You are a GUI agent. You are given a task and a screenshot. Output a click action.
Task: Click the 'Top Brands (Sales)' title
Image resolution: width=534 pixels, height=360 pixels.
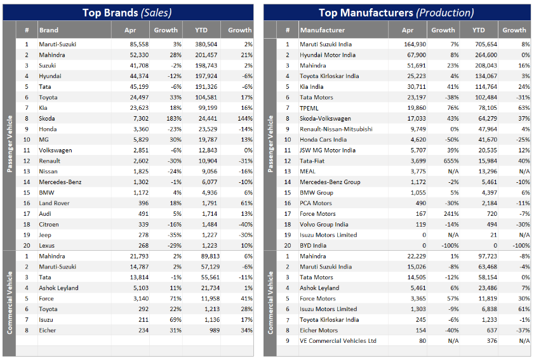pos(127,12)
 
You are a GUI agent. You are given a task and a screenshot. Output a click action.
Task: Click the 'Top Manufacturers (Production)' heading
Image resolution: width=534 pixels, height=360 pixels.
pos(396,12)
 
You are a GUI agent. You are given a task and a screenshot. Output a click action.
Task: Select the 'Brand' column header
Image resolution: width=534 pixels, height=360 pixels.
pos(49,30)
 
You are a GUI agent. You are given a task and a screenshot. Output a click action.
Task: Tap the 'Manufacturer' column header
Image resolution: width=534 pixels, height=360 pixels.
pos(323,30)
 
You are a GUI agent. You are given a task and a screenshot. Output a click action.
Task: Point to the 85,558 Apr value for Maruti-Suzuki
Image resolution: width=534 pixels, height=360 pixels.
pos(138,44)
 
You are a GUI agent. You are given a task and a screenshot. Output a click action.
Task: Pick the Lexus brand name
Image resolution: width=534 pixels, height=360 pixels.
pos(47,246)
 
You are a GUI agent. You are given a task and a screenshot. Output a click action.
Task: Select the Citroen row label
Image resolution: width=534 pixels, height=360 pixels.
pos(49,224)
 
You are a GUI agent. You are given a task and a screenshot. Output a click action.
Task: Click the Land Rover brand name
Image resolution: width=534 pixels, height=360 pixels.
pos(54,203)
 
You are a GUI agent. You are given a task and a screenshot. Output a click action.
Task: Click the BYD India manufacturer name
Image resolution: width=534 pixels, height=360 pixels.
pos(315,246)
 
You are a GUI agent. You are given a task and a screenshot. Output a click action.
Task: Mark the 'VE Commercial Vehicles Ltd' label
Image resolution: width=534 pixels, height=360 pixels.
pos(338,341)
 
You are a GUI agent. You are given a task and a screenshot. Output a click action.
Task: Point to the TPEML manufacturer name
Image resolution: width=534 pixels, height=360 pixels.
pos(310,108)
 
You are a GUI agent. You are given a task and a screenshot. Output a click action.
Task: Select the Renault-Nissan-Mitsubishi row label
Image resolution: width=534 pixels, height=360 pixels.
pos(336,129)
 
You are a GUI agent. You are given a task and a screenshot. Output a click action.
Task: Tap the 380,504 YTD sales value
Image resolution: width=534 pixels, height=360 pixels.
pos(206,44)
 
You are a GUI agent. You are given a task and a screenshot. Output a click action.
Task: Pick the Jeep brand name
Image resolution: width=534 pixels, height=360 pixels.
pos(45,235)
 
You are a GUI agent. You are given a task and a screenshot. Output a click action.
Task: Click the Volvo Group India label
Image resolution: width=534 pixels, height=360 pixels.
pos(324,224)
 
